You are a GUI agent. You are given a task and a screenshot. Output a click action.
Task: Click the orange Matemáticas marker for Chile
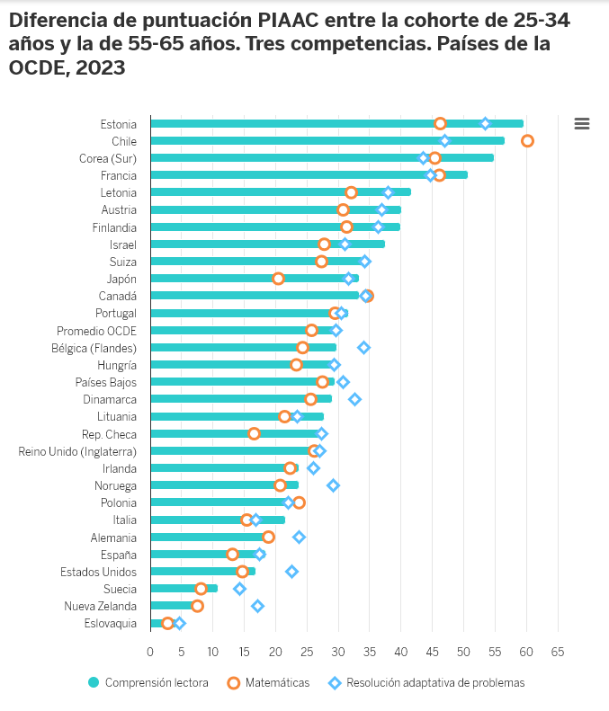[x=527, y=140]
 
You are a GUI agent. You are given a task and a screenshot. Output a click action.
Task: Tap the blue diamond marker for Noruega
[x=333, y=485]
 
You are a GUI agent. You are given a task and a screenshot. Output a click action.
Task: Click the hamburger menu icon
[x=581, y=124]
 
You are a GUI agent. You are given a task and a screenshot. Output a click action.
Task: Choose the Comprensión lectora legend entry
[x=148, y=683]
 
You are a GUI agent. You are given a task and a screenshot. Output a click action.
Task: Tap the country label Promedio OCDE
[x=96, y=330]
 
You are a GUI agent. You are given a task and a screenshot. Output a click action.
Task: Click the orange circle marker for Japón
[x=278, y=279]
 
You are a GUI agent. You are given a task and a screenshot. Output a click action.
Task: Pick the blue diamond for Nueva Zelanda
[x=257, y=606]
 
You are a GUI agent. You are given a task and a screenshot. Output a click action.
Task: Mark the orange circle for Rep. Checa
[x=254, y=433]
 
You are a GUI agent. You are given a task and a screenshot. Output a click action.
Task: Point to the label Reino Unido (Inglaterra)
[x=77, y=451]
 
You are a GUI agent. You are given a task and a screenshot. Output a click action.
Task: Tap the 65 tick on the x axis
[x=558, y=651]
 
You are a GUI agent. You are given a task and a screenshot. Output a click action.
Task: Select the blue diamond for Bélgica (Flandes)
[x=363, y=347]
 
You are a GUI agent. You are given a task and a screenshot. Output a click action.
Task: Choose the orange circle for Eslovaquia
[x=167, y=623]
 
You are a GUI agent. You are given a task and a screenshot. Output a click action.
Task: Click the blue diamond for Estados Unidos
[x=291, y=571]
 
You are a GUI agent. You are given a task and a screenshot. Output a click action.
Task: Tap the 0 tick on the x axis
[x=150, y=651]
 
